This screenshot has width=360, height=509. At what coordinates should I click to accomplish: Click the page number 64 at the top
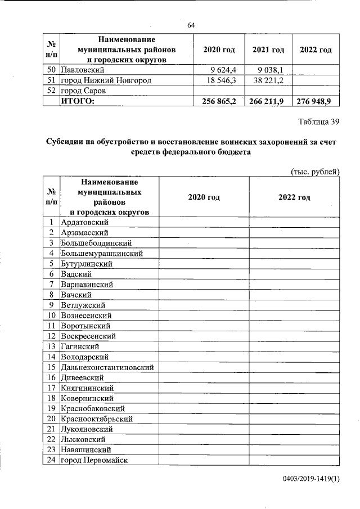point(190,25)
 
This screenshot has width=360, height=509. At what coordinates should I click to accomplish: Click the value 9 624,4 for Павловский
point(224,70)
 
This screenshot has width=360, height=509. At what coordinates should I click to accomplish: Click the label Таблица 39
point(318,121)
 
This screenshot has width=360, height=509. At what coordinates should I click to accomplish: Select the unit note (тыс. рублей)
point(314,171)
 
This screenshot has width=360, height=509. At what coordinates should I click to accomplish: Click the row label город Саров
point(83,91)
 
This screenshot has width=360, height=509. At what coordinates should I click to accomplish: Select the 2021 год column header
point(268,50)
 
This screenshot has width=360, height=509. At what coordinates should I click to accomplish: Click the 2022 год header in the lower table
point(294,197)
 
